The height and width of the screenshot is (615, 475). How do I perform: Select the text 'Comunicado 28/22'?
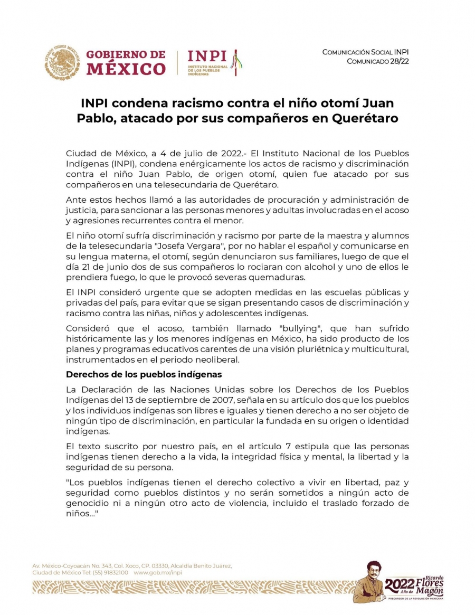coord(377,62)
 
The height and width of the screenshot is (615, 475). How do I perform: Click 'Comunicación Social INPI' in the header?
coord(365,52)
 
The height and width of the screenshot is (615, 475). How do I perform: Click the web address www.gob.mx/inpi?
coord(158,572)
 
